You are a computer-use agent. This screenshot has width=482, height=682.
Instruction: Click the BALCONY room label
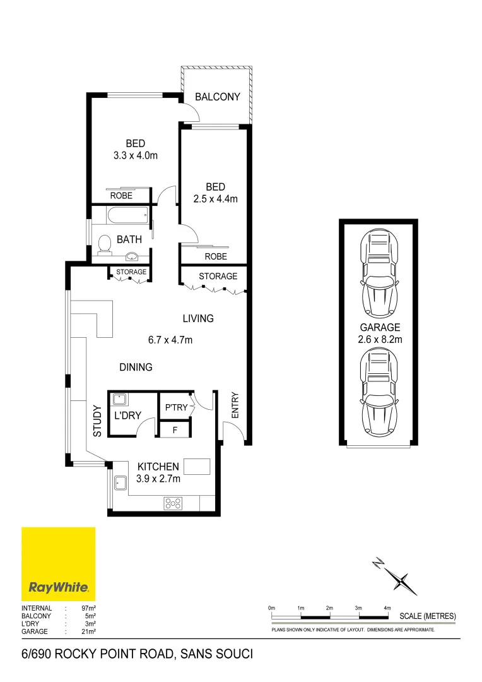(218, 97)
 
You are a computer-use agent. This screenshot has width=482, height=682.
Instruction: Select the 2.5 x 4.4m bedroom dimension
(215, 199)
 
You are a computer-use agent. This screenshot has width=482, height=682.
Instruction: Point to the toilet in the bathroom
(105, 244)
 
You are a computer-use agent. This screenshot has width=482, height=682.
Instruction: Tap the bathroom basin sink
(132, 256)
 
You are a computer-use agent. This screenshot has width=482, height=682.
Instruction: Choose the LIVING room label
(198, 318)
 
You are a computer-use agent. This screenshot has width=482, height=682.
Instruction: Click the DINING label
(136, 367)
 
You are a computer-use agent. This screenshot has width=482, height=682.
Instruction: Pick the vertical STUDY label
(97, 421)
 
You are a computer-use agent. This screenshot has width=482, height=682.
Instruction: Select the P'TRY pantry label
(176, 407)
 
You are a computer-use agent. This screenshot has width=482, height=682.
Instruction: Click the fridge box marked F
(176, 431)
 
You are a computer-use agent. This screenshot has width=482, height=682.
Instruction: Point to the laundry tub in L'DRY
(119, 399)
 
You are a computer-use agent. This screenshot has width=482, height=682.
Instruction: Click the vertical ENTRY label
(235, 405)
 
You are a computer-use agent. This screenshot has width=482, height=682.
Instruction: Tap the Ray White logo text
(59, 587)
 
